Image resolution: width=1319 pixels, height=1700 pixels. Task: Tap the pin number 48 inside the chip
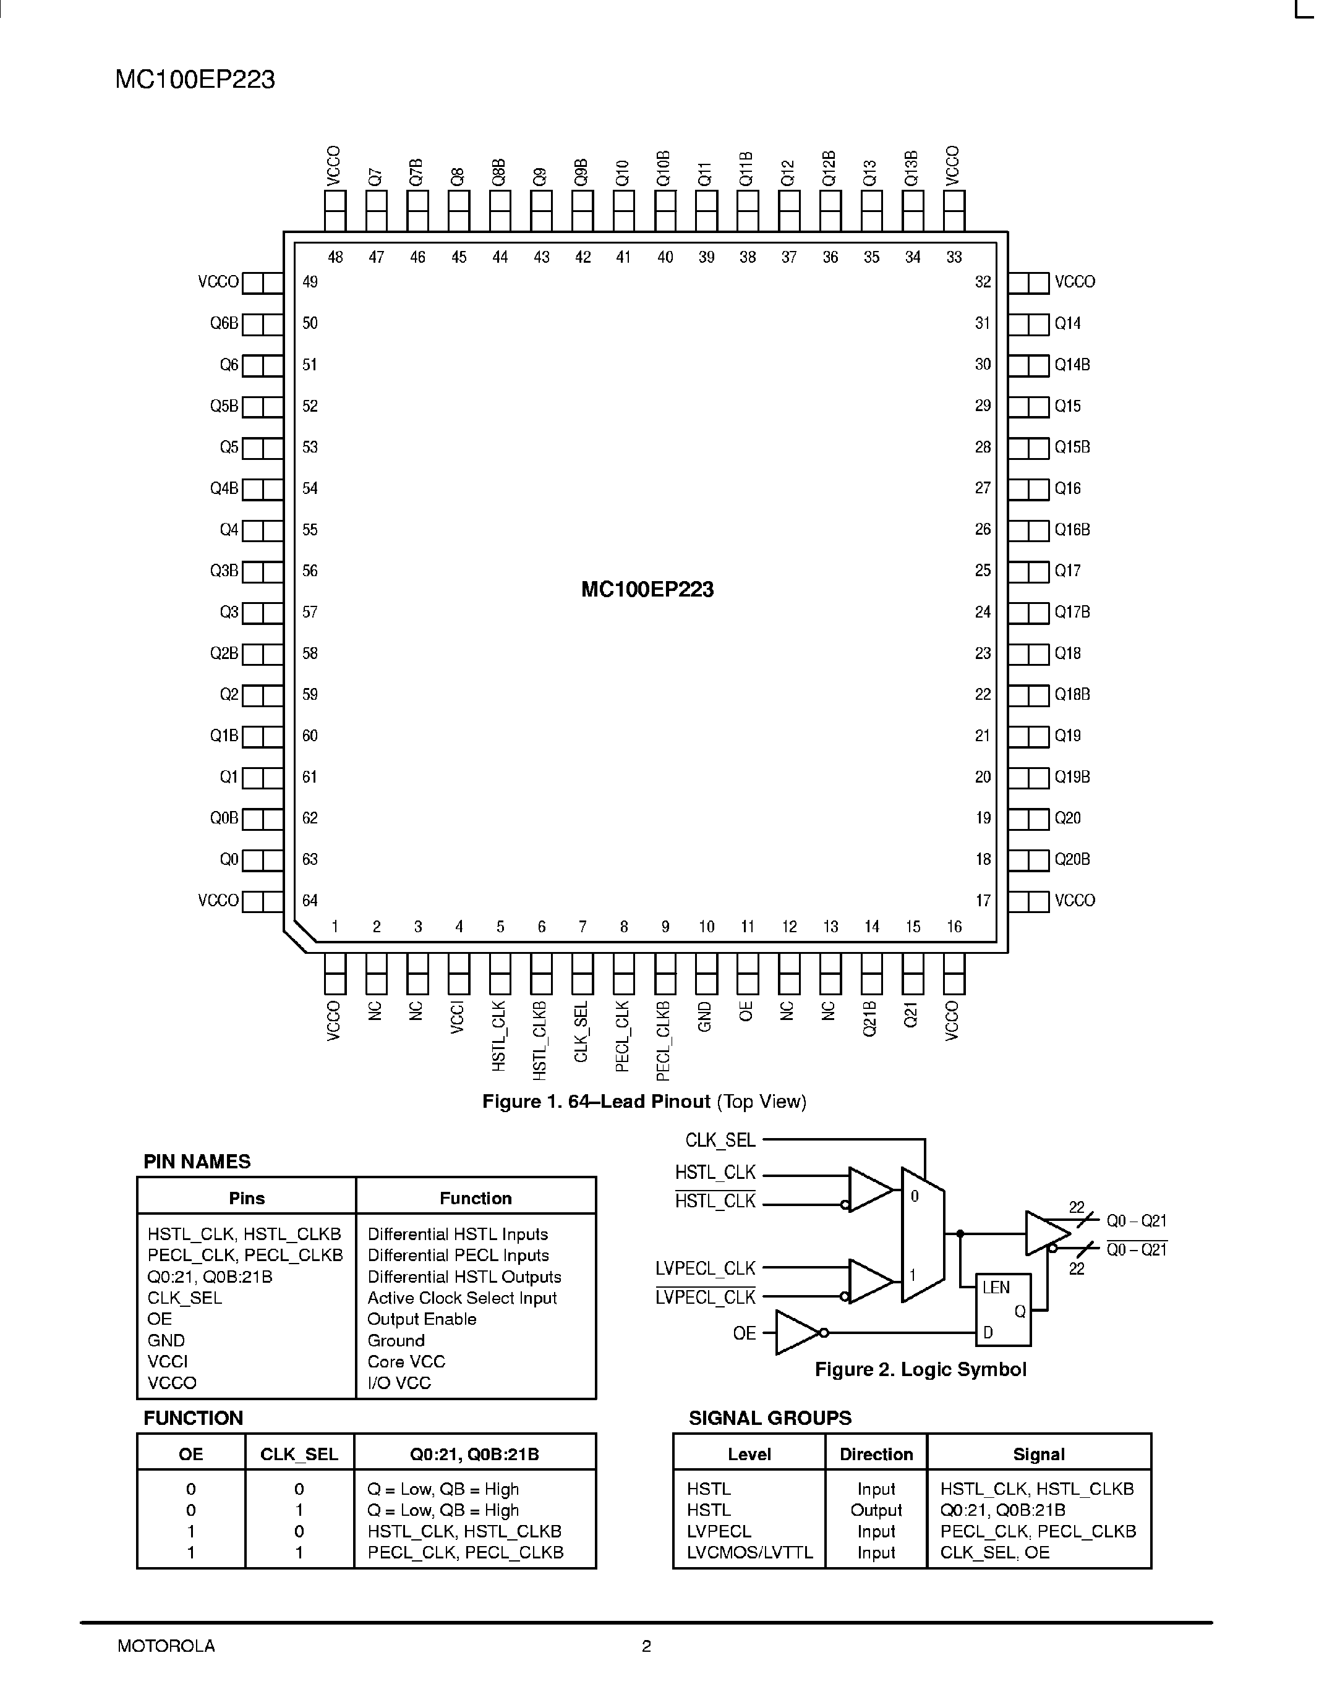coord(335,258)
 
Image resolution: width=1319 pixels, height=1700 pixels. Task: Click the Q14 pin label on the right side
coord(1067,324)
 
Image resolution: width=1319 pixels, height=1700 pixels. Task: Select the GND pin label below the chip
coord(705,1016)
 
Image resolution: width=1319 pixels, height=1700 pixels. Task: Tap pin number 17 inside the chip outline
coord(983,901)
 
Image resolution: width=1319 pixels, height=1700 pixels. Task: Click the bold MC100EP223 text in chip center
coord(647,590)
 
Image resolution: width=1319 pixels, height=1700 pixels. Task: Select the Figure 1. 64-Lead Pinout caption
coord(644,1102)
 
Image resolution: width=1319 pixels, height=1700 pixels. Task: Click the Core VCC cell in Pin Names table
coord(406,1361)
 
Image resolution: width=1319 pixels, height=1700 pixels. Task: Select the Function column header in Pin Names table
coord(475,1198)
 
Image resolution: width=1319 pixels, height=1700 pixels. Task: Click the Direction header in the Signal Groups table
coord(876,1454)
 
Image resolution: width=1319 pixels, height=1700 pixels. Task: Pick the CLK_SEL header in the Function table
coord(299,1454)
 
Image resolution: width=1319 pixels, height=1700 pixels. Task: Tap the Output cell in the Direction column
coord(876,1510)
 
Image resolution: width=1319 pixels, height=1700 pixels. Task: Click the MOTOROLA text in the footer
coord(166,1646)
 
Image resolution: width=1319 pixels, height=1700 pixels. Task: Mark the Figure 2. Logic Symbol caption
coord(920,1369)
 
